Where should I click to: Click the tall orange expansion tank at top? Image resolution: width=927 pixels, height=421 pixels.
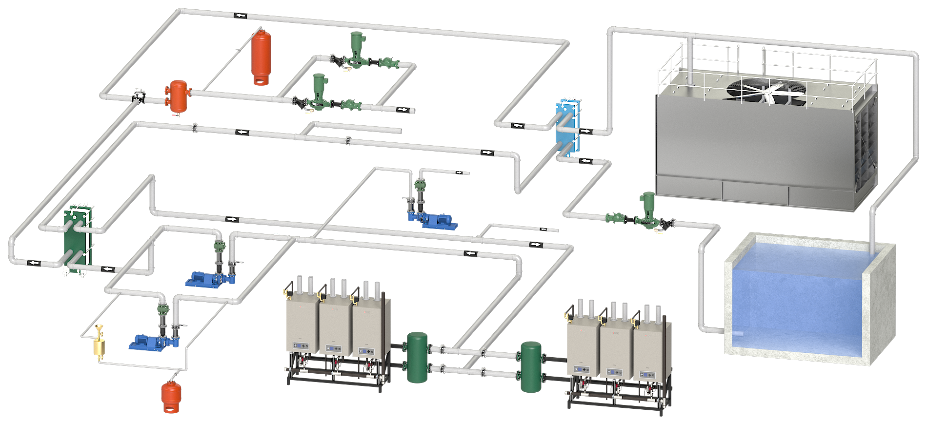(x=261, y=56)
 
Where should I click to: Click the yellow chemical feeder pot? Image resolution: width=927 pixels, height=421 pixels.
(x=100, y=347)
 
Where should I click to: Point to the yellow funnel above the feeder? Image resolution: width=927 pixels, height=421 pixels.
(x=100, y=329)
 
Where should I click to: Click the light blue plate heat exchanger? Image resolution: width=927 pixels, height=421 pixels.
(x=567, y=129)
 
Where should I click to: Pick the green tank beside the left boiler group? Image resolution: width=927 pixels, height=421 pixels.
(x=417, y=357)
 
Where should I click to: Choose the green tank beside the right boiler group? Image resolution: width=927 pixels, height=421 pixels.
(x=531, y=366)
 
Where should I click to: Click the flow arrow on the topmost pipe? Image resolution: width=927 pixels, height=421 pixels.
(x=240, y=16)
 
